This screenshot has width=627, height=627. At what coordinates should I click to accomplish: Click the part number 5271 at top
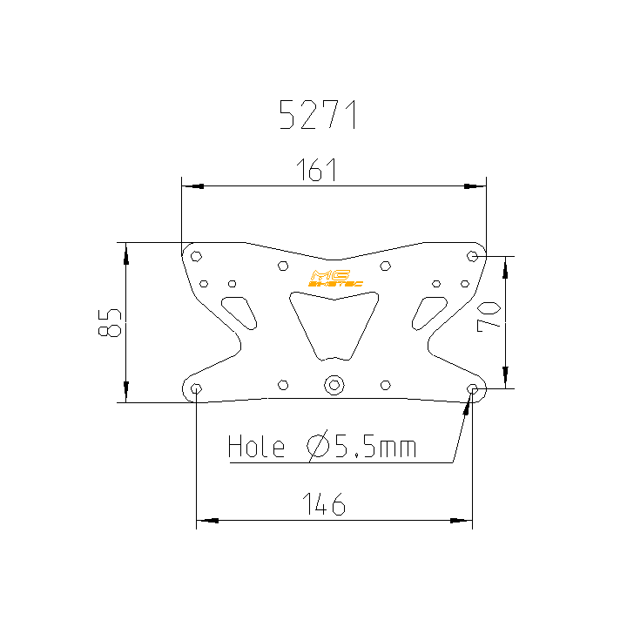point(318,115)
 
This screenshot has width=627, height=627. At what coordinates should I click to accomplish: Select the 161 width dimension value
point(317,171)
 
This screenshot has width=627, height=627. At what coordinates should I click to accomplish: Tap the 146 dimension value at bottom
point(324,504)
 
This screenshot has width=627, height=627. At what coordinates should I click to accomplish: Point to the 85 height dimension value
point(110,322)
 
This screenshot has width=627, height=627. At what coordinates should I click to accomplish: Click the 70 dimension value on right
point(489,314)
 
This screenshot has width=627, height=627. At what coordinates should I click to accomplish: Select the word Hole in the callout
point(256,448)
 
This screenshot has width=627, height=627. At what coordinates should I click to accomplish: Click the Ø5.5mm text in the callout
point(361,448)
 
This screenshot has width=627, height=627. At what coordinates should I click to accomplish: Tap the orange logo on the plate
point(333,278)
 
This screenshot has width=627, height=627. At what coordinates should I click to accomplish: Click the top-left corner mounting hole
point(197,256)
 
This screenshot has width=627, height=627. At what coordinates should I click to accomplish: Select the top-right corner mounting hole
point(472,256)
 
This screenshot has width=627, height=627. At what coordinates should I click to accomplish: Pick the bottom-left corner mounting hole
point(197,388)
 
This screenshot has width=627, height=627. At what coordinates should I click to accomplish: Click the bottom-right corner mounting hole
point(472,388)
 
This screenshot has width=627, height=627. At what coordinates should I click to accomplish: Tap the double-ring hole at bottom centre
point(334,385)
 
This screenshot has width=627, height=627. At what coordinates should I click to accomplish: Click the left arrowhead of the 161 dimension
point(192,185)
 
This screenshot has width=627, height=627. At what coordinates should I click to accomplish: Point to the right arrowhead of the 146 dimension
point(461,521)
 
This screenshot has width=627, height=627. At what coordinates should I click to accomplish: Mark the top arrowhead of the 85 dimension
point(126,253)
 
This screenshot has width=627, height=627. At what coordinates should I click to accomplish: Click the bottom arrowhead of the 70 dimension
point(505,378)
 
